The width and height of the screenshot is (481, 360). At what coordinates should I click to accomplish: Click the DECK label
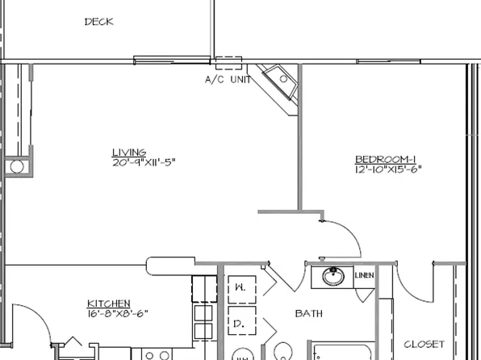(98, 23)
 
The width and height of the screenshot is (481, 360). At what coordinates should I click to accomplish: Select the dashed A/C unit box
(228, 65)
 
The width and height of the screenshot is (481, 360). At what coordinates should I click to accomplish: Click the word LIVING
(129, 152)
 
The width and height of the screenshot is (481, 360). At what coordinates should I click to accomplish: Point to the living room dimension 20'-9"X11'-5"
(145, 162)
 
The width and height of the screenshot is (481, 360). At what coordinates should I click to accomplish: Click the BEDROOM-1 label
(388, 159)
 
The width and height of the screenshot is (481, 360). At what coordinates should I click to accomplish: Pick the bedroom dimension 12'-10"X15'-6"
(388, 170)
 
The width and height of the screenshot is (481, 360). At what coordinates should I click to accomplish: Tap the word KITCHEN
(108, 303)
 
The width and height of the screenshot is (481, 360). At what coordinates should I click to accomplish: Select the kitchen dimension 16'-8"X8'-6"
(118, 313)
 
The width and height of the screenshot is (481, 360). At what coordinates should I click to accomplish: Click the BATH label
(308, 313)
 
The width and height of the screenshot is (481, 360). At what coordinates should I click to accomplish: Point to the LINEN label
(364, 276)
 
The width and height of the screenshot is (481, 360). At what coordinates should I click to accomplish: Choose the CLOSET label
(424, 344)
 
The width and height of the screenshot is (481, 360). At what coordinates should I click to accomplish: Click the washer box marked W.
(240, 287)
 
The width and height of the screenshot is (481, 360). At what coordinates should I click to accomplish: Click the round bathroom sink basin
(332, 277)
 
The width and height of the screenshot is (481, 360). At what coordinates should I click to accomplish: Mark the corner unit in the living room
(279, 83)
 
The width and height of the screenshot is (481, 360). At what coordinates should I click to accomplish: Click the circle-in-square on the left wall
(16, 167)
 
